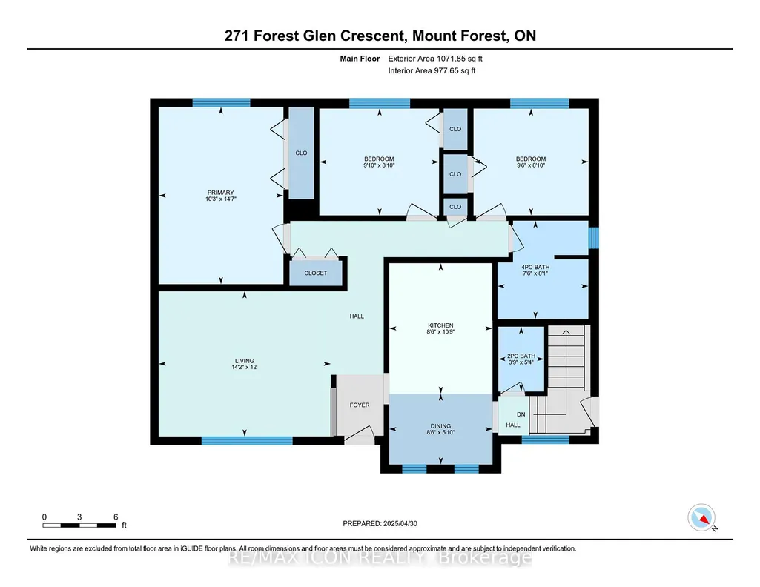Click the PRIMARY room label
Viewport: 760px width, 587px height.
(x=220, y=192)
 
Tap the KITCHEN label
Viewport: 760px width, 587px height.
(x=440, y=325)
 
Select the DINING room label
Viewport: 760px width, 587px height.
(x=440, y=426)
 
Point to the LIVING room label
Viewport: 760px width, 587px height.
(x=244, y=361)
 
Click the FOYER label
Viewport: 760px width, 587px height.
(x=360, y=405)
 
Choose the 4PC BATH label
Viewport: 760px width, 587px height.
(x=535, y=267)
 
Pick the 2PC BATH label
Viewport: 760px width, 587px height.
(x=521, y=356)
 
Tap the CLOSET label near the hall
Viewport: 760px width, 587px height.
(x=316, y=273)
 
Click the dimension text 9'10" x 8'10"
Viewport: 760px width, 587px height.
(x=379, y=165)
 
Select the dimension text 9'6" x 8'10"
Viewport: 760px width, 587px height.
(x=531, y=165)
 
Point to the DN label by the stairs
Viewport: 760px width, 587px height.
(x=521, y=414)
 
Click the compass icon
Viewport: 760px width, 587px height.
(x=701, y=517)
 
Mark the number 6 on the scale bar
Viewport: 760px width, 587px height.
(x=116, y=517)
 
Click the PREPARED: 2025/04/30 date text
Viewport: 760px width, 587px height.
(x=380, y=523)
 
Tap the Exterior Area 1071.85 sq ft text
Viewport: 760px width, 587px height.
(x=435, y=59)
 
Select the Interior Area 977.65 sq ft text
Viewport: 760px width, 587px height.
(x=432, y=70)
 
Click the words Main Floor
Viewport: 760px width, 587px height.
(x=360, y=59)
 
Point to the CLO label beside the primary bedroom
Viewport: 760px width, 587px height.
(x=302, y=153)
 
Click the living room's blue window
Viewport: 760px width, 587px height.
(x=247, y=441)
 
